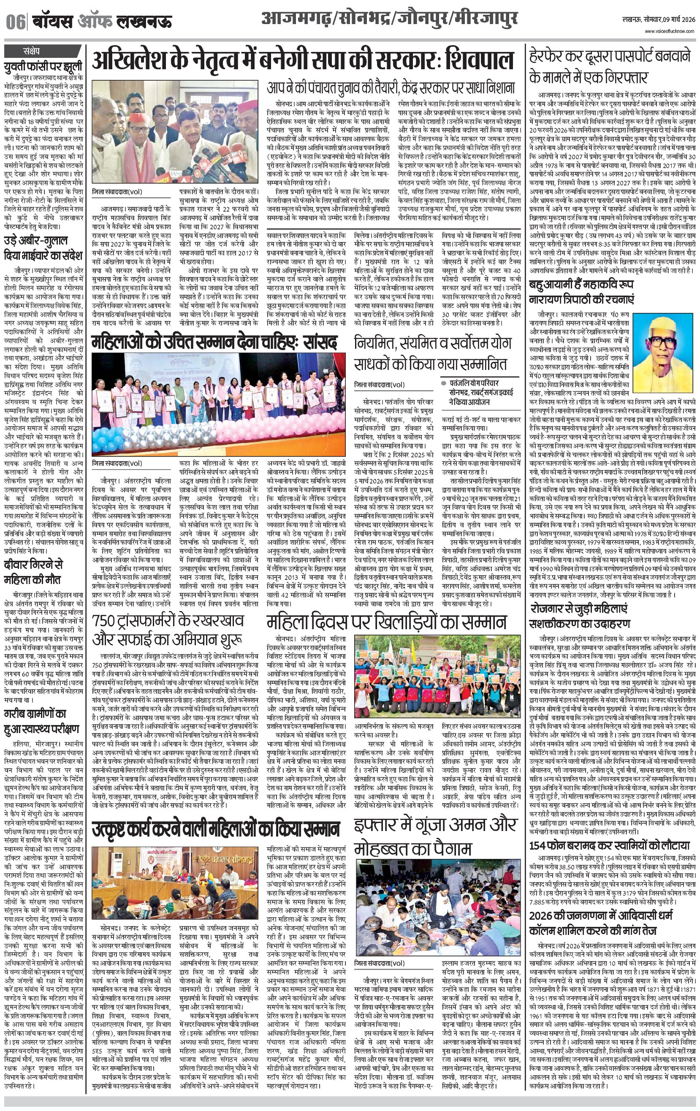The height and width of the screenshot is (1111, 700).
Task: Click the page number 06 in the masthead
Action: pos(15,22)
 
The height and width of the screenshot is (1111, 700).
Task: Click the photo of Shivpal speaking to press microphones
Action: pos(175,132)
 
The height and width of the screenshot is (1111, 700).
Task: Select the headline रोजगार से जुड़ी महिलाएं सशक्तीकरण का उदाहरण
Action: pos(580,617)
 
